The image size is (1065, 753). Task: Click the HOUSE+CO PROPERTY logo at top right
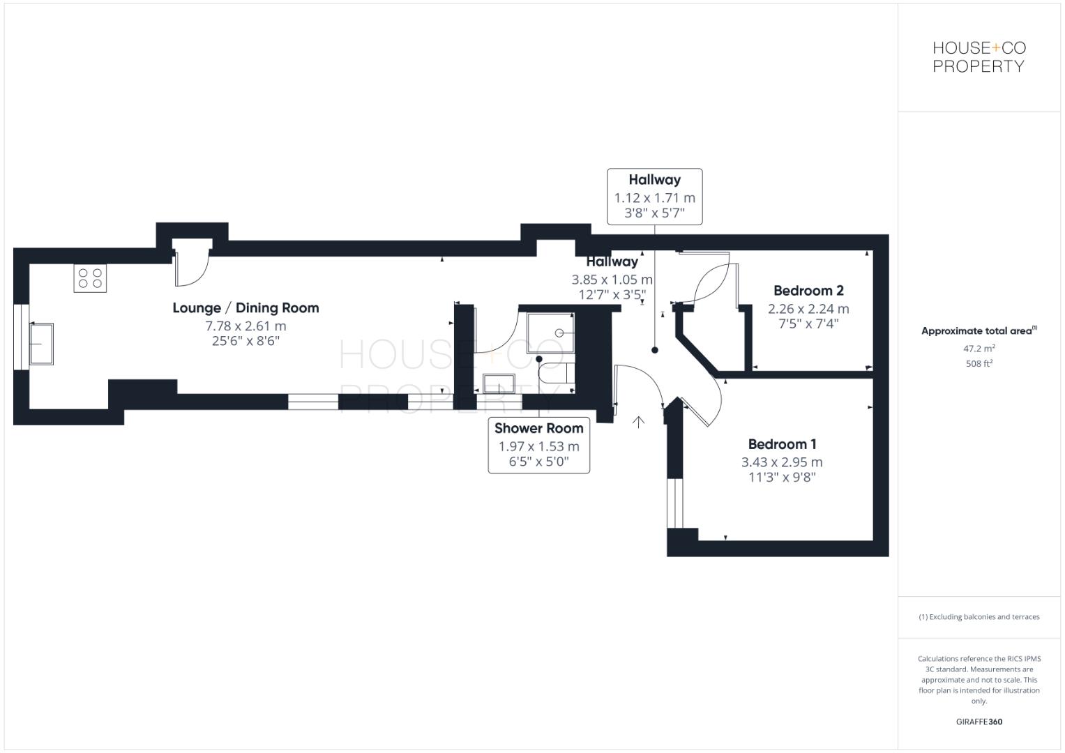979,57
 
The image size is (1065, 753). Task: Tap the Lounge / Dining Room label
246,307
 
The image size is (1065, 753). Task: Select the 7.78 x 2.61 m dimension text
246,326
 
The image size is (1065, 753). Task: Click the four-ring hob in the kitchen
90,278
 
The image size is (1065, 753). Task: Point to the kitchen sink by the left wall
41,343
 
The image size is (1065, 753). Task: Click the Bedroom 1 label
782,444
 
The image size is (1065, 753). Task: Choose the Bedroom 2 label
808,291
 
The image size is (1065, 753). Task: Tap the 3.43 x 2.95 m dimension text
782,462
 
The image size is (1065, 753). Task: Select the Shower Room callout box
538,446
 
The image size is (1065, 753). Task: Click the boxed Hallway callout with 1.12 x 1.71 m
654,197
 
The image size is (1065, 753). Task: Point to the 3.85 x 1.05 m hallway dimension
612,280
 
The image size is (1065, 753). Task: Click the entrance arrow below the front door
638,421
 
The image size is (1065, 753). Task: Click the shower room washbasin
499,384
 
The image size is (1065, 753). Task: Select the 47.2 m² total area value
979,348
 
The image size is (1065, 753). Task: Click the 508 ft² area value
979,363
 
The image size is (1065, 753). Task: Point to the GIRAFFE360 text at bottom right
979,722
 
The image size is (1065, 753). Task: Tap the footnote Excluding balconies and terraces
979,617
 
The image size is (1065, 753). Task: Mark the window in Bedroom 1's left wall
674,503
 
